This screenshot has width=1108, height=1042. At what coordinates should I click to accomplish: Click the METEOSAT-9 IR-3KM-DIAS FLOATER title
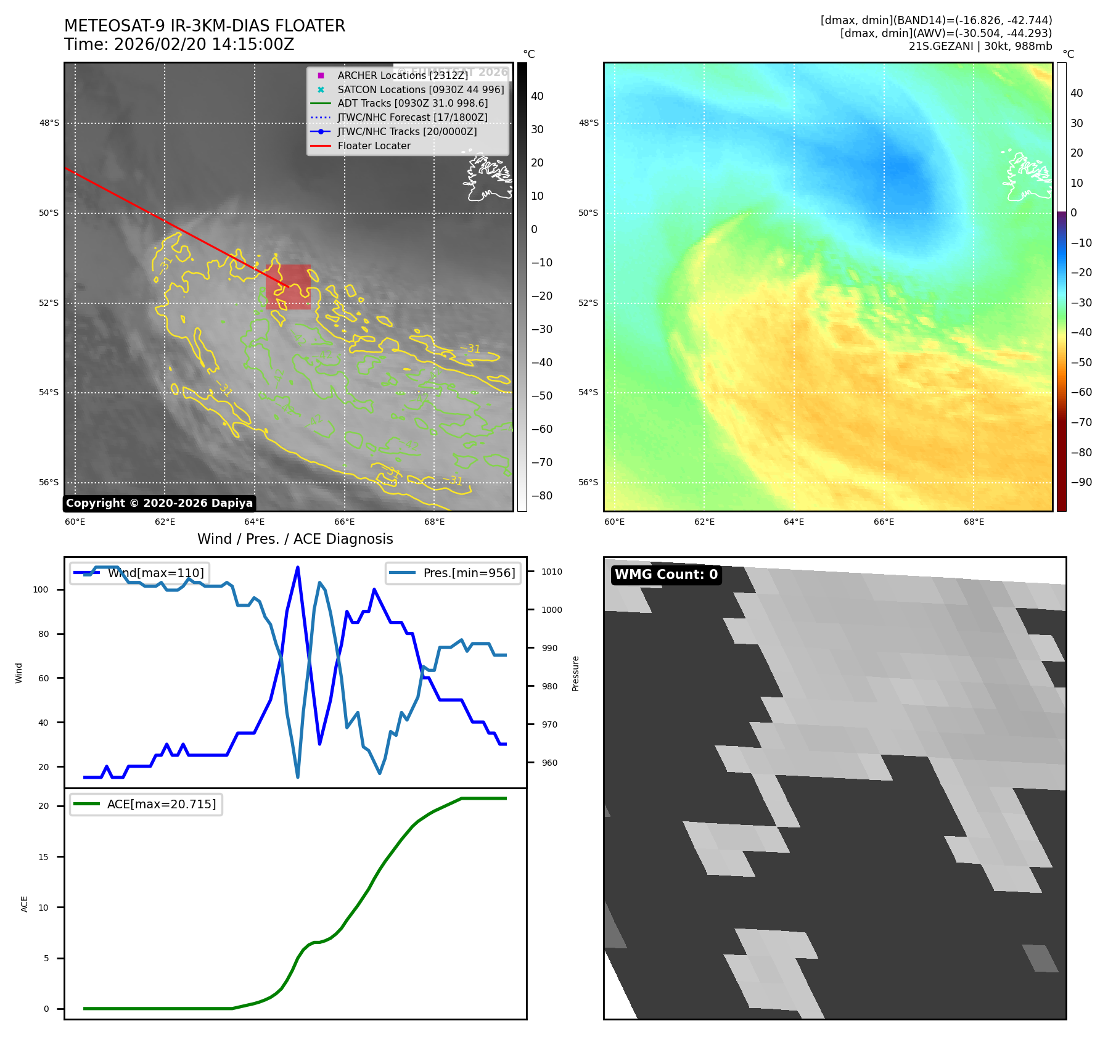[x=204, y=26]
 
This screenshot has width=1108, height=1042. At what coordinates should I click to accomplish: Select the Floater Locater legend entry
[x=374, y=146]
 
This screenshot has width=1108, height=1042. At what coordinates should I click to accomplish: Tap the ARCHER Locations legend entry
[x=403, y=75]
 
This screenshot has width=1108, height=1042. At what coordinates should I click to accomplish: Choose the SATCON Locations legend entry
[x=421, y=89]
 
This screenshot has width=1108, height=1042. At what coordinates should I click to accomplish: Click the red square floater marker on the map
[x=288, y=287]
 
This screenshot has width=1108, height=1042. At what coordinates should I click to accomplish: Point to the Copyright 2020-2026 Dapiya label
[x=159, y=503]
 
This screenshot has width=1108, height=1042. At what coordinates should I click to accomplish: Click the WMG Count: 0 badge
[x=666, y=575]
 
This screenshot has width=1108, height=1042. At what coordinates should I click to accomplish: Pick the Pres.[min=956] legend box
[x=453, y=573]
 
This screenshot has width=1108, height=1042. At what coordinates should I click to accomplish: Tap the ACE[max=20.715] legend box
[x=146, y=804]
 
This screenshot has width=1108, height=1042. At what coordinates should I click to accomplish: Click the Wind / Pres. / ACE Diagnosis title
[x=295, y=539]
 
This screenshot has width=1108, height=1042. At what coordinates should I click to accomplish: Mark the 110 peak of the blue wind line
[x=298, y=567]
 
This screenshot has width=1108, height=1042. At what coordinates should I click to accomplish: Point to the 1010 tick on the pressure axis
[x=551, y=572]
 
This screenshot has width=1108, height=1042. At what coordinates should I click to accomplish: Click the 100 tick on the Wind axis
[x=41, y=589]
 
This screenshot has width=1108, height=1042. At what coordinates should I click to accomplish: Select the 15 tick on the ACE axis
[x=43, y=857]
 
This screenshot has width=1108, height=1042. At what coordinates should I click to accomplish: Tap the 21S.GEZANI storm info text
[x=980, y=46]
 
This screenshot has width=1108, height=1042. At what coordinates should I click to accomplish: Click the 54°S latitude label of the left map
[x=49, y=393]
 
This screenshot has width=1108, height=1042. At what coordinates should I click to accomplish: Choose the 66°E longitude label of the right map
[x=884, y=522]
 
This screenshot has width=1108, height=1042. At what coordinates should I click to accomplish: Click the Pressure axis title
[x=575, y=673]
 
